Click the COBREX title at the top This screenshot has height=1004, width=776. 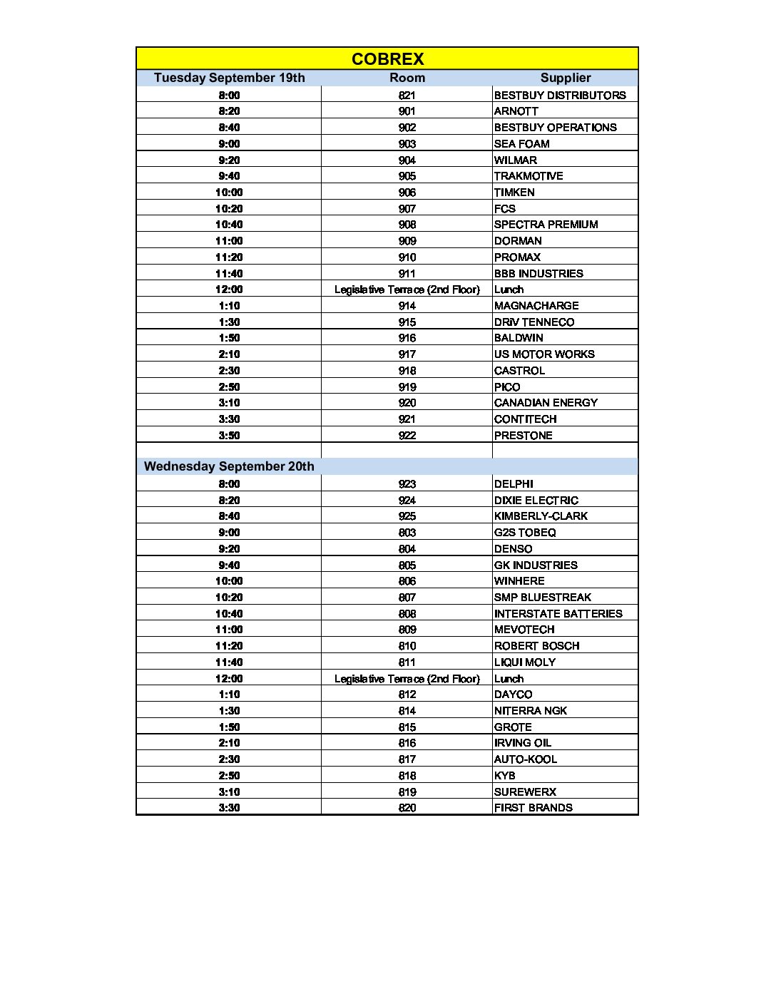click(387, 58)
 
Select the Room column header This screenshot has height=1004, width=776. click(407, 78)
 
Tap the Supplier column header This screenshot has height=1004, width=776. click(566, 78)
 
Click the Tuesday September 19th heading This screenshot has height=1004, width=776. click(229, 78)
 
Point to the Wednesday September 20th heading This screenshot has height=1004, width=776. click(229, 466)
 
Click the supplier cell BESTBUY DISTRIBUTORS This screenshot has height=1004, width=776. click(560, 95)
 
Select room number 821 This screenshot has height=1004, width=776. click(407, 95)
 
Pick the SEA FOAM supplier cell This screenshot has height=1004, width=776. click(522, 143)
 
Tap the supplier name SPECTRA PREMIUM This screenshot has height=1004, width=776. click(546, 225)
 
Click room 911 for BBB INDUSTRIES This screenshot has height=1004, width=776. click(407, 273)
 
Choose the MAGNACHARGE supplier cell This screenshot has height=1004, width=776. click(536, 305)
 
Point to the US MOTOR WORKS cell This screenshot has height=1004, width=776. click(544, 354)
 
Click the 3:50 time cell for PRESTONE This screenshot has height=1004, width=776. click(229, 435)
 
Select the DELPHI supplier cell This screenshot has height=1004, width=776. click(514, 483)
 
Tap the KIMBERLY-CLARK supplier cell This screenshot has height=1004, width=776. click(541, 516)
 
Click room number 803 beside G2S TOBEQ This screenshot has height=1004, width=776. click(407, 533)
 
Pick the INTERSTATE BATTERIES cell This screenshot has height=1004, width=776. click(558, 613)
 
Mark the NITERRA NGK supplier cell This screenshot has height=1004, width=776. click(531, 711)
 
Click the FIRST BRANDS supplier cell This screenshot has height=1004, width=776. click(533, 808)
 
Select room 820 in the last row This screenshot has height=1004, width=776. click(407, 808)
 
